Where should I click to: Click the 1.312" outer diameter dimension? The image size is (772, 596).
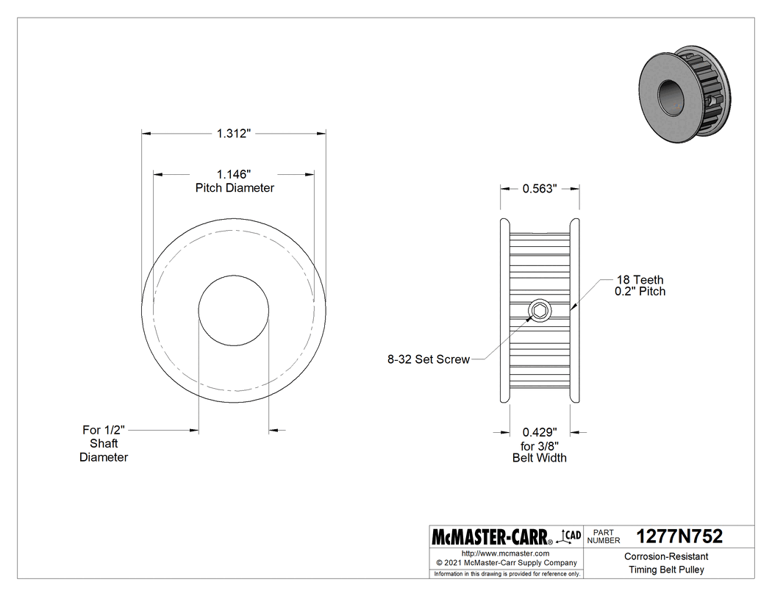(x=234, y=134)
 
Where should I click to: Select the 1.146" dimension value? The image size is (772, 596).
(x=234, y=174)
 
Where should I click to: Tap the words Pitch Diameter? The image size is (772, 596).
(x=234, y=188)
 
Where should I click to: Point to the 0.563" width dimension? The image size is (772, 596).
(x=540, y=188)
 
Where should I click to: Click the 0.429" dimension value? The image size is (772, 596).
(x=540, y=432)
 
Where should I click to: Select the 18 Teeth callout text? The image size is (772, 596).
(x=639, y=279)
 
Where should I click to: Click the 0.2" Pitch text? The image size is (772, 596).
(x=640, y=292)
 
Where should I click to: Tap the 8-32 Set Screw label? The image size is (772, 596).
(x=428, y=360)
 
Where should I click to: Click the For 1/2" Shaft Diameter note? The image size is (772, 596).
(x=104, y=443)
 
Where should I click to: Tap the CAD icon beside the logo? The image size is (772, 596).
(x=570, y=536)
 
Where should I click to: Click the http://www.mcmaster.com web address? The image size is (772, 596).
(x=505, y=553)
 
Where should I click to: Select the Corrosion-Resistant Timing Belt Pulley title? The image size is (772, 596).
(x=666, y=563)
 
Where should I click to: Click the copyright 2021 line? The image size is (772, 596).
(x=505, y=563)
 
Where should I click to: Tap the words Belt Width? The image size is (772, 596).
(x=540, y=458)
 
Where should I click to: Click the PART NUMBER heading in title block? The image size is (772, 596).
(x=604, y=536)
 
